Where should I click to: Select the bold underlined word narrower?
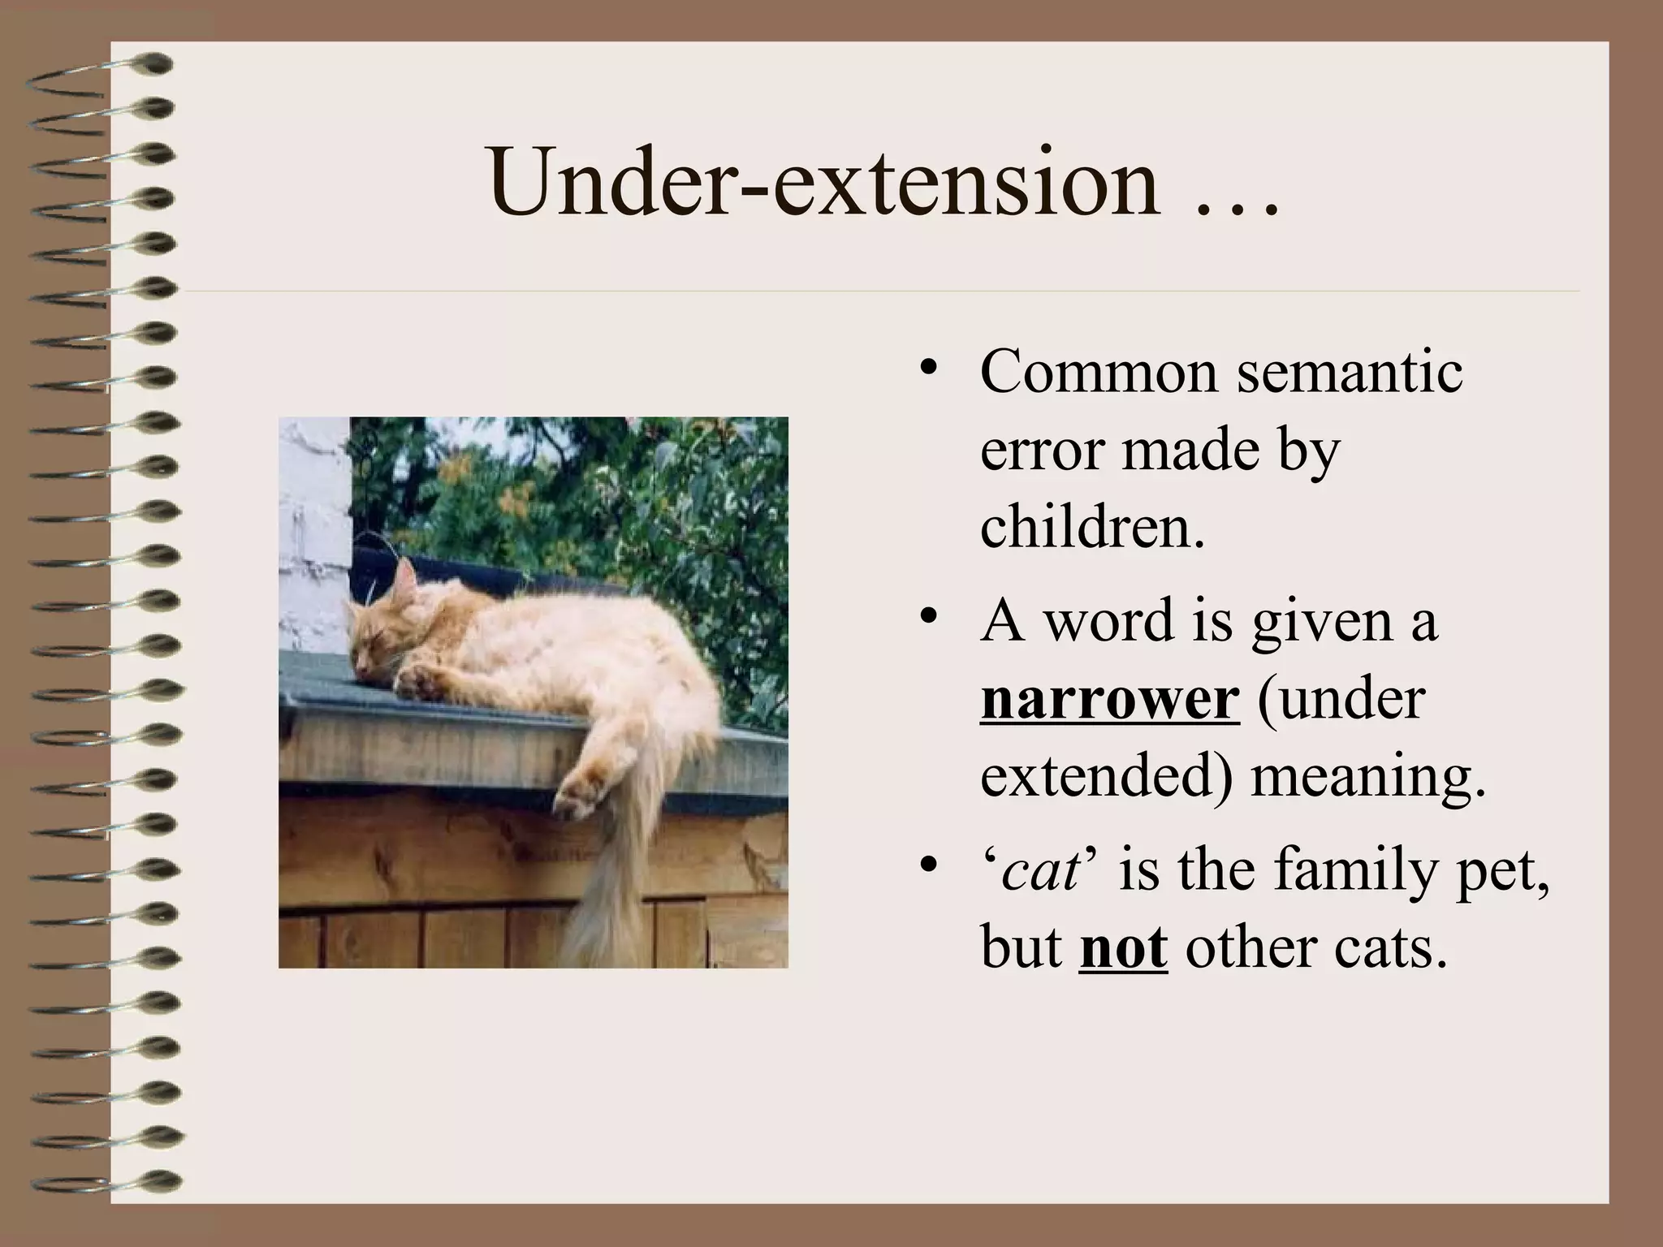pos(1110,699)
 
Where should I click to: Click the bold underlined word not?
pos(1124,947)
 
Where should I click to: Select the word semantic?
pos(1350,372)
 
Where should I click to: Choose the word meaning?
pos(1367,777)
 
